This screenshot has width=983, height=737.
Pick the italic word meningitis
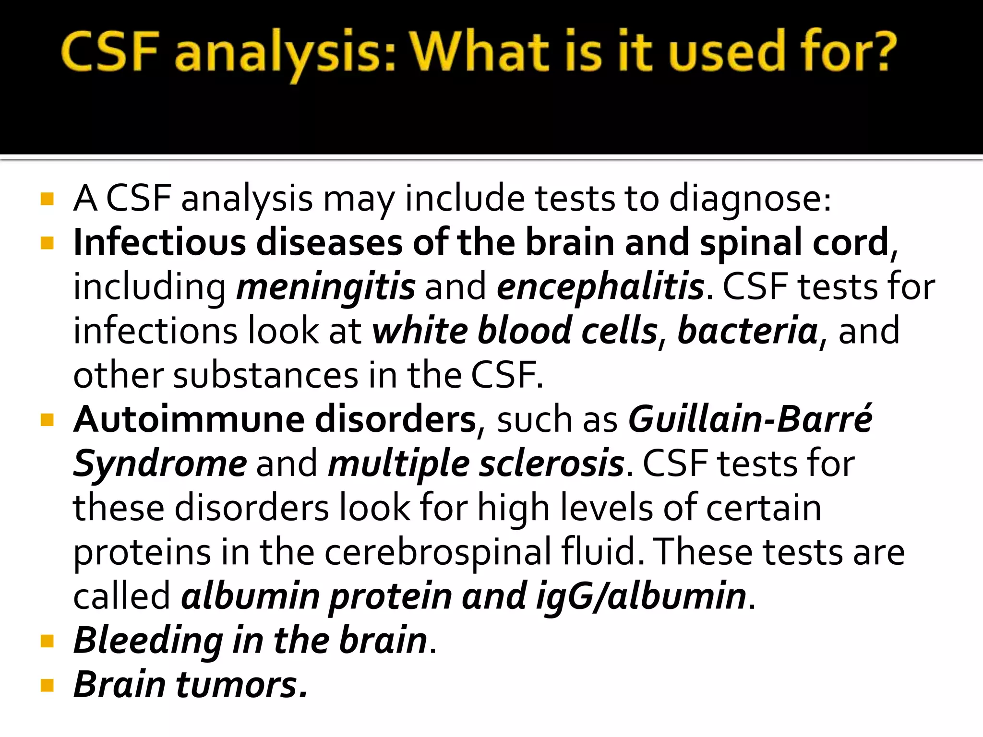(x=326, y=287)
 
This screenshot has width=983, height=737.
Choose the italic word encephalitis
(x=600, y=287)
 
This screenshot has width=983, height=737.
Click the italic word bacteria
(x=748, y=331)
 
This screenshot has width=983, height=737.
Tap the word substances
(x=265, y=375)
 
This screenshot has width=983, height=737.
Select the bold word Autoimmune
(x=189, y=419)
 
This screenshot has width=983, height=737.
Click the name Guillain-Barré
(x=751, y=419)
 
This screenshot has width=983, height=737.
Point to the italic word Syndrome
(x=160, y=464)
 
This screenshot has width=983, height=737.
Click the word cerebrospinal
(x=438, y=552)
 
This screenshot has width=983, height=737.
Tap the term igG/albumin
(x=641, y=596)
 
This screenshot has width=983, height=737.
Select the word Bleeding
(x=148, y=640)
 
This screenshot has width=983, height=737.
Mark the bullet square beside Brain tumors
(x=47, y=685)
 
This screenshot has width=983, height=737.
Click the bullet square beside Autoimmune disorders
(x=47, y=420)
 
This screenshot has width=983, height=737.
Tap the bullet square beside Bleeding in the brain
(x=47, y=641)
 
